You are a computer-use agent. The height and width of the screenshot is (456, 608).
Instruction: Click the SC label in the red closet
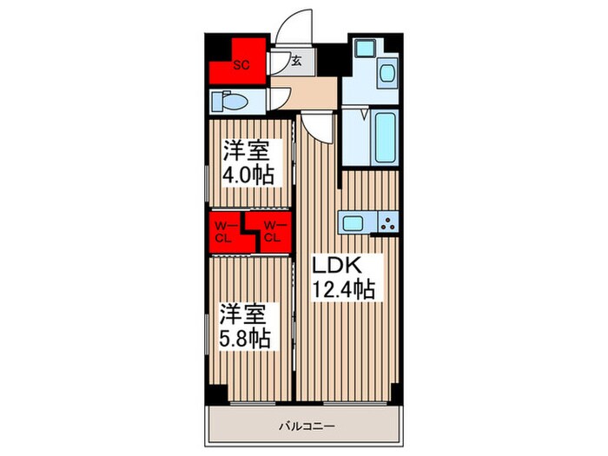pyautogui.click(x=243, y=63)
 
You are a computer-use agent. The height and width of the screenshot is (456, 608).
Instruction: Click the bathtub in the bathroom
pyautogui.click(x=385, y=135)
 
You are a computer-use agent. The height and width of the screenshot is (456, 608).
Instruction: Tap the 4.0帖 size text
pyautogui.click(x=249, y=174)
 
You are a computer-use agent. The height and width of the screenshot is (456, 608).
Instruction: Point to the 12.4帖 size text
pyautogui.click(x=344, y=288)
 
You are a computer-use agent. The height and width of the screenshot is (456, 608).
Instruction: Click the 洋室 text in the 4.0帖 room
pyautogui.click(x=244, y=150)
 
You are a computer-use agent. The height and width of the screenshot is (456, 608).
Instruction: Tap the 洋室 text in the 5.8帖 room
pyautogui.click(x=243, y=313)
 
